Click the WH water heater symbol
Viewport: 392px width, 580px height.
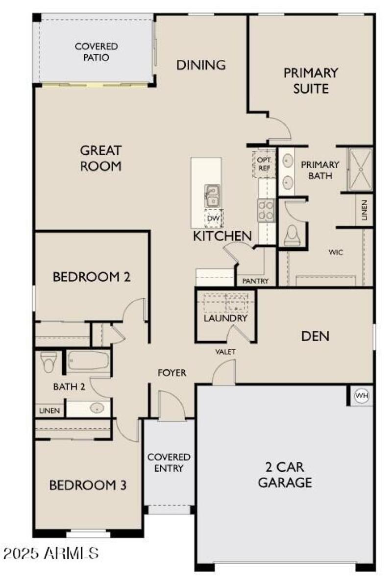(362, 396)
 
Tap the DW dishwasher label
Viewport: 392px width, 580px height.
(214, 218)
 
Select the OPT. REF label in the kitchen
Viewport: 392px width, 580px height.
(264, 164)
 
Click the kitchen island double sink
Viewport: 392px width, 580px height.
(212, 196)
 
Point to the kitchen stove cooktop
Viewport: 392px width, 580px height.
(266, 210)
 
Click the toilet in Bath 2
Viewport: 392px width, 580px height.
(49, 362)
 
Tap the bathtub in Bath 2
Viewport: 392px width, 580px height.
(89, 361)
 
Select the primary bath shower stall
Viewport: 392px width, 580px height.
(360, 169)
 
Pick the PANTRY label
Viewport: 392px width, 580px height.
(255, 281)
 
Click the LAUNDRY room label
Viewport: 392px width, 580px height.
(225, 318)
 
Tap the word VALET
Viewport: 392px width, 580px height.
(225, 351)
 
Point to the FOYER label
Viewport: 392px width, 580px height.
(172, 372)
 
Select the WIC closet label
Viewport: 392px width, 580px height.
(336, 252)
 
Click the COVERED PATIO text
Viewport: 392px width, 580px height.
(96, 52)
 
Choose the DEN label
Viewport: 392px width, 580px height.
(316, 336)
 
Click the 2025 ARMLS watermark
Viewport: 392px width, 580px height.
(50, 554)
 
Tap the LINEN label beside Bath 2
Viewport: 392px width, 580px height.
(49, 411)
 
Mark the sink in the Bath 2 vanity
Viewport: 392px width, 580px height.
(97, 408)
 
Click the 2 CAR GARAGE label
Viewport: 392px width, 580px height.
(285, 475)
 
